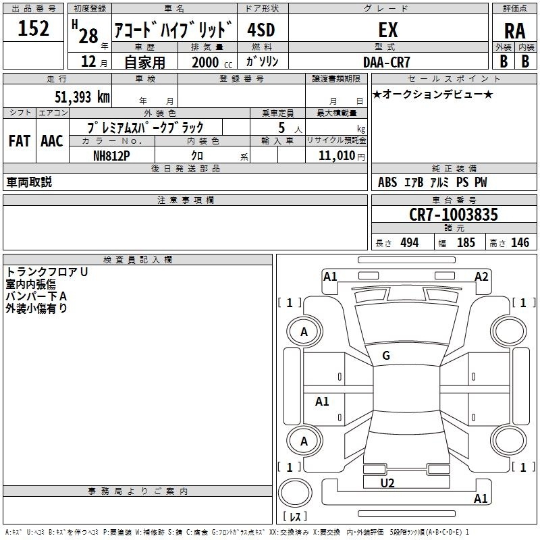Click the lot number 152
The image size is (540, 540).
tap(33, 29)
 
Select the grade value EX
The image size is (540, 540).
tap(388, 30)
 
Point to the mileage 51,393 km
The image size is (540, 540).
tap(82, 97)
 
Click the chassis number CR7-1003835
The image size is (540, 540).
tap(454, 215)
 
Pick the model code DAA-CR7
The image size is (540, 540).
tap(387, 61)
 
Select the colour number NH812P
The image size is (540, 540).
tap(111, 155)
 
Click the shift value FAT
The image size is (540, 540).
tap(19, 140)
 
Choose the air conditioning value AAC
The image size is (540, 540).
tap(52, 140)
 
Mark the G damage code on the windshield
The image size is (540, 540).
tap(386, 356)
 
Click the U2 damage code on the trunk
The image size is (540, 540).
tap(387, 483)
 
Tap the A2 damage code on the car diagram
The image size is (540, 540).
tap(481, 276)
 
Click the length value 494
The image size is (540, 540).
tap(409, 243)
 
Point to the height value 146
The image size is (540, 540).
tap(520, 243)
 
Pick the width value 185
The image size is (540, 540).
tap(466, 243)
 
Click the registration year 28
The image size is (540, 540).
tap(89, 34)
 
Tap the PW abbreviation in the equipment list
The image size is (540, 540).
tap(480, 182)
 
